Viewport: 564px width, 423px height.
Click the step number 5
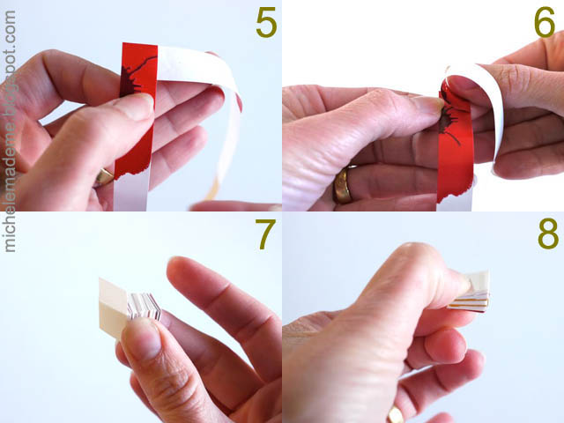tap(266, 23)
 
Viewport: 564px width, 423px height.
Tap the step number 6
tap(545, 23)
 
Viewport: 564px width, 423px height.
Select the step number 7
tap(265, 234)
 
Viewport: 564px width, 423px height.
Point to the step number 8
tap(548, 234)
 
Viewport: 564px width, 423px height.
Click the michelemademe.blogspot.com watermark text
tap(10, 131)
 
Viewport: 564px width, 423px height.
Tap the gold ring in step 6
tap(343, 185)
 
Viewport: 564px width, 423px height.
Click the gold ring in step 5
tap(105, 177)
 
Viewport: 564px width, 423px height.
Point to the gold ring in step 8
tap(395, 414)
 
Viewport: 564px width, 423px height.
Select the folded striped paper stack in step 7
tap(144, 306)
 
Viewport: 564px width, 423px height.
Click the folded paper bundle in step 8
tap(469, 292)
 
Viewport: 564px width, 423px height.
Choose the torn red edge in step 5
tap(130, 174)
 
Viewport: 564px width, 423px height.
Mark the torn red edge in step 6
tap(454, 194)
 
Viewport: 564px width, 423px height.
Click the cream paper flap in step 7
tap(112, 308)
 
